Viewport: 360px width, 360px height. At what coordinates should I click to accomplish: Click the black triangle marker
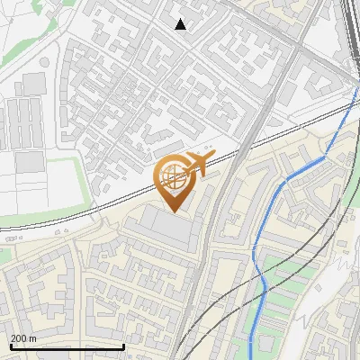pyautogui.click(x=181, y=24)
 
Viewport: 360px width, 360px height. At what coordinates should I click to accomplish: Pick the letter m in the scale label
pyautogui.click(x=33, y=338)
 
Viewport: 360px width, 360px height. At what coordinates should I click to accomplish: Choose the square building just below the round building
pyautogui.click(x=33, y=84)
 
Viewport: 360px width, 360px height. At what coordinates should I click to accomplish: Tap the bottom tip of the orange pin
pyautogui.click(x=173, y=211)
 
